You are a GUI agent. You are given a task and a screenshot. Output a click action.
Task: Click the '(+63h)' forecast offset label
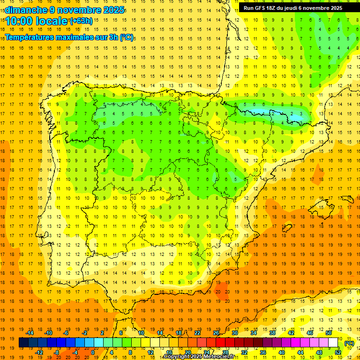pyautogui.click(x=81, y=21)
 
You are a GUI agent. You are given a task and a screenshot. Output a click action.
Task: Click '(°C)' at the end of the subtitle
pyautogui.click(x=126, y=37)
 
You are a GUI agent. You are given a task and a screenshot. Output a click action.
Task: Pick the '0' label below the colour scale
pyautogui.click(x=93, y=352)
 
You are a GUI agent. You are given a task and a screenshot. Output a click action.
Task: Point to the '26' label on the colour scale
pyautogui.click(x=216, y=333)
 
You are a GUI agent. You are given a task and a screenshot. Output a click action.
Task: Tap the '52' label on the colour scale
pyautogui.click(x=338, y=352)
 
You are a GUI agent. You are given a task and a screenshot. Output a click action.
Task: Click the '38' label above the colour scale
pyautogui.click(x=272, y=333)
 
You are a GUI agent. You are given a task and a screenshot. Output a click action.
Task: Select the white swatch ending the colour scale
pyautogui.click(x=333, y=343)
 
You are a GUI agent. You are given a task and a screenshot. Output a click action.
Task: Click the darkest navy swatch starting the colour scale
pyautogui.click(x=23, y=343)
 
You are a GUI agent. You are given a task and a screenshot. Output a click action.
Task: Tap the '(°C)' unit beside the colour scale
pyautogui.click(x=349, y=343)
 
